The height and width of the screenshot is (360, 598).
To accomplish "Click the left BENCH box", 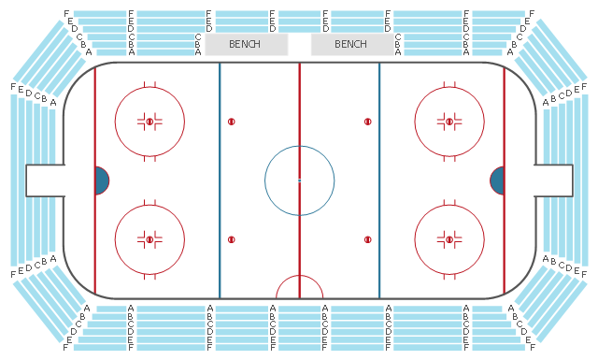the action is pos(247,44).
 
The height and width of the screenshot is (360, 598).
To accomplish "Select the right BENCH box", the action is pos(352,44).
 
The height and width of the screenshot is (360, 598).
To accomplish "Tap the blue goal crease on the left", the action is pos(102,180).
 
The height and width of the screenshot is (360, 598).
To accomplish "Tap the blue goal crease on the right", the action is pos(497,180).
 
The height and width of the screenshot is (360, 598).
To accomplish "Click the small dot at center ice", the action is pos(299,180).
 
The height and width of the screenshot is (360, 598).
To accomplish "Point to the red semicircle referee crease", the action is pos(299,276).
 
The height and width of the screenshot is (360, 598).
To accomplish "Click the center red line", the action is pos(299,180).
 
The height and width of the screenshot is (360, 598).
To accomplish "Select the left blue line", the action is pos(220,180).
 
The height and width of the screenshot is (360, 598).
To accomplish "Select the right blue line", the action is pos(379,180).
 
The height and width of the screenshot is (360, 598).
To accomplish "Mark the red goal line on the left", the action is pos(95,180).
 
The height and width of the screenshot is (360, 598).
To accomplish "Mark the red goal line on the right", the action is pos(505,180).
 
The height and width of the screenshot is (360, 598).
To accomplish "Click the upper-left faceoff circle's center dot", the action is pos(149,122).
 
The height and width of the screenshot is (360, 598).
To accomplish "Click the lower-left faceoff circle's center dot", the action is pos(149,239).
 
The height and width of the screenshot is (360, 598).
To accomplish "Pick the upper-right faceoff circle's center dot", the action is pos(449,122).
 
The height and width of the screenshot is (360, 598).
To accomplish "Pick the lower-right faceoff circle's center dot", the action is pos(449,239).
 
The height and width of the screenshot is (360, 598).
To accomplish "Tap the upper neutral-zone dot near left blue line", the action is pos(231,122).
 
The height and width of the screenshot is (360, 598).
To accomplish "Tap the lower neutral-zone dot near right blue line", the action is pos(367,239).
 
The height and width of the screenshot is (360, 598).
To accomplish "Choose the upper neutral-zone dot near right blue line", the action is pos(367,122).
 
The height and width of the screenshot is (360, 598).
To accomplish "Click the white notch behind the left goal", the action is pos(45,180).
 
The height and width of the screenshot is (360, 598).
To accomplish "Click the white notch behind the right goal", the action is pos(554,180).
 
